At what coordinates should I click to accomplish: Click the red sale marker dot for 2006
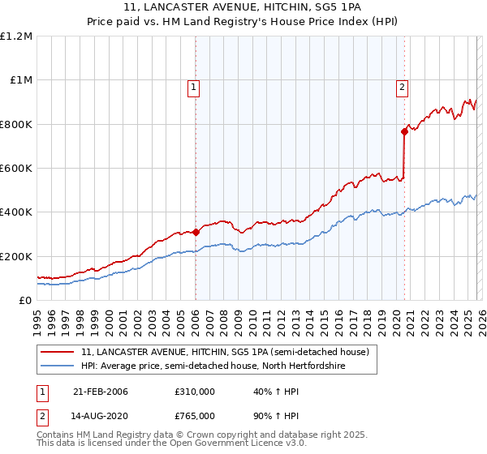pyautogui.click(x=196, y=232)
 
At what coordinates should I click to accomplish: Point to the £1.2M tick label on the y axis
pyautogui.click(x=16, y=36)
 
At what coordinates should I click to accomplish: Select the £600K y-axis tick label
pyautogui.click(x=16, y=169)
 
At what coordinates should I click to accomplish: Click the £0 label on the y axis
pyautogui.click(x=24, y=300)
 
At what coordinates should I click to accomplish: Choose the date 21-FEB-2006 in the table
pyautogui.click(x=100, y=392)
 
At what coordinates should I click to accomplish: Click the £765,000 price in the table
pyautogui.click(x=195, y=416)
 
